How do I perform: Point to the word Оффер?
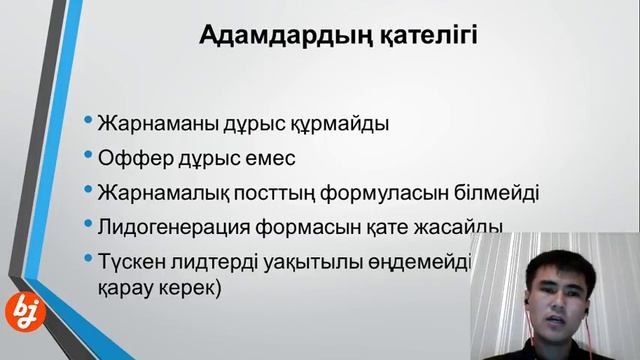133,157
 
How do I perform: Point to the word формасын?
318,224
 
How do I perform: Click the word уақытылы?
320,257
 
